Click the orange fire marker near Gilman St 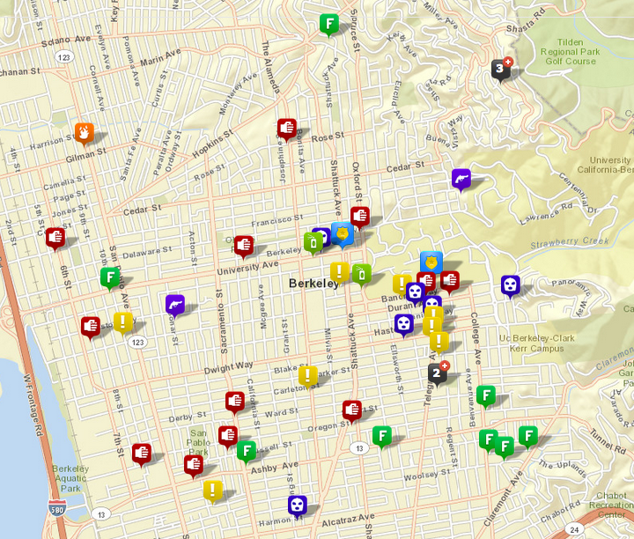(85, 132)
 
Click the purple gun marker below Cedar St (461, 179)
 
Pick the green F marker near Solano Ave (329, 23)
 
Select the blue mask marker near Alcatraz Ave (298, 505)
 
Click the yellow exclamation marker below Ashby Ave (212, 490)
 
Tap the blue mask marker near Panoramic (511, 284)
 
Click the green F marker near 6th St (110, 278)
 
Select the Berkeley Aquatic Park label (70, 478)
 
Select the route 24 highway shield (575, 529)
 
